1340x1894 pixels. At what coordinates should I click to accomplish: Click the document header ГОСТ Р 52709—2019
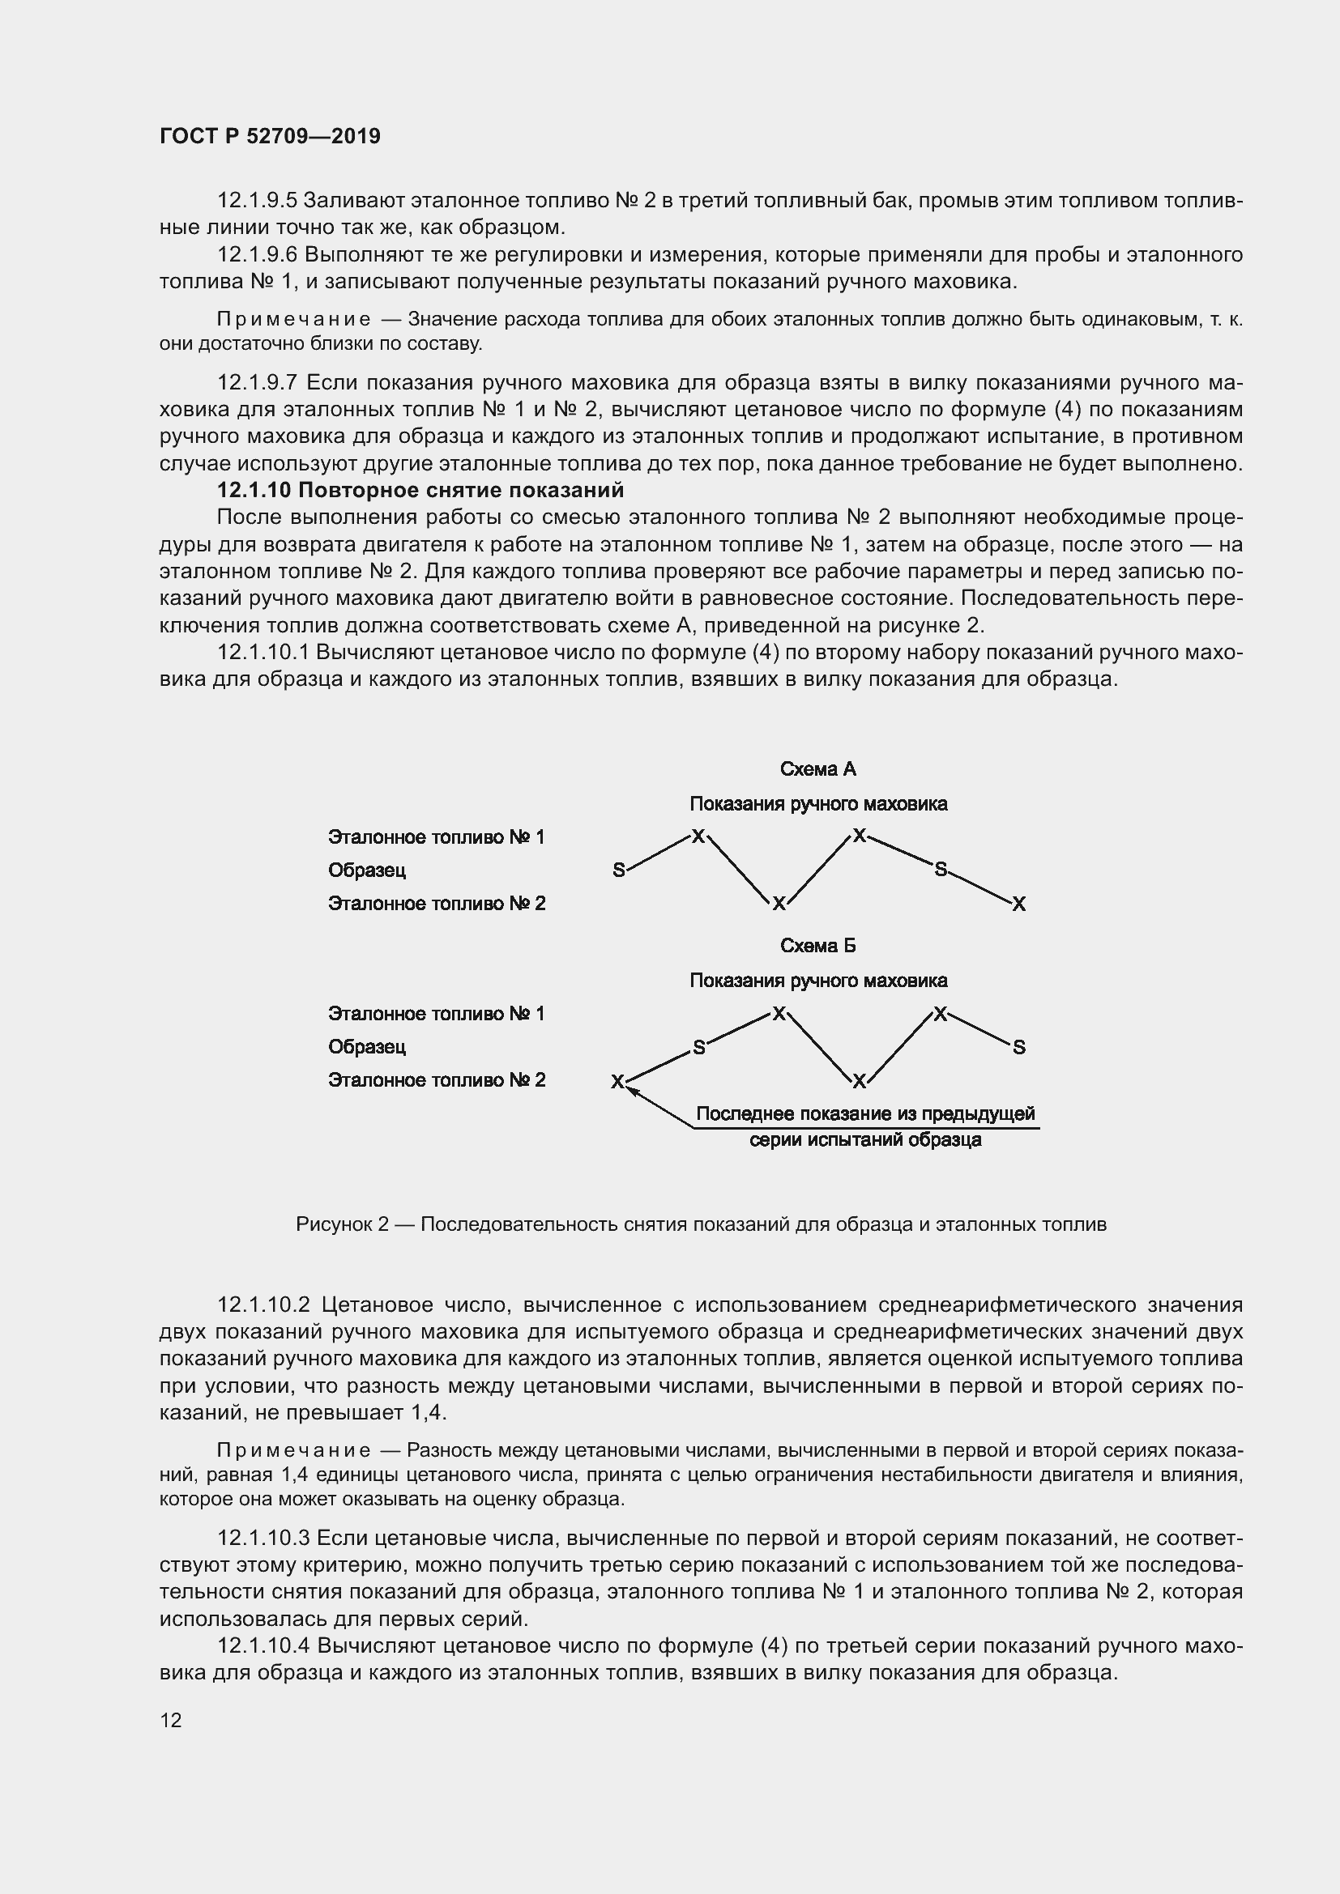click(x=270, y=136)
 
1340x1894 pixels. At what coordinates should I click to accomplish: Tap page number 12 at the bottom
click(x=171, y=1720)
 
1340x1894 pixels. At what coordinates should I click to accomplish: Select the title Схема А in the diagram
click(x=817, y=768)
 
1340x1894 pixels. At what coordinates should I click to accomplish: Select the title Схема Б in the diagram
click(x=817, y=945)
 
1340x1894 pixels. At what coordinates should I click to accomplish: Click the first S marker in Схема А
click(x=619, y=870)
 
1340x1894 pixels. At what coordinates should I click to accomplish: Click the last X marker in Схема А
click(x=1019, y=904)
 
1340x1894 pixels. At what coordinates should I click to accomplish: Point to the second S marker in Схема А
click(x=940, y=869)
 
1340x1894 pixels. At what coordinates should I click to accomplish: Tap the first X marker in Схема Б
click(x=617, y=1082)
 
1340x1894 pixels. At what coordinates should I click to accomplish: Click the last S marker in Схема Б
click(x=1019, y=1048)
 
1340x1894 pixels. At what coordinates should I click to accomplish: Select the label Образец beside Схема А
click(x=366, y=870)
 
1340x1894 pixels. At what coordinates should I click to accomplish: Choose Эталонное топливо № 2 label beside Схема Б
click(x=437, y=1080)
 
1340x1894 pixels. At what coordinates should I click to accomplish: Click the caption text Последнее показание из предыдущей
click(x=864, y=1114)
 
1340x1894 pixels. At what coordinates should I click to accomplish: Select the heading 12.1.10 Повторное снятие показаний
click(x=420, y=490)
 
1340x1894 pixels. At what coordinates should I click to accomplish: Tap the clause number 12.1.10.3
click(x=262, y=1538)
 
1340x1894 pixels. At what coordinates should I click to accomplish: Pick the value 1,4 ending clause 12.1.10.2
click(x=427, y=1413)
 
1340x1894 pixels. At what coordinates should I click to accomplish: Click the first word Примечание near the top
click(x=293, y=319)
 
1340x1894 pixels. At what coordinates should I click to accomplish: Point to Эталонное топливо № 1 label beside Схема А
click(x=437, y=837)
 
